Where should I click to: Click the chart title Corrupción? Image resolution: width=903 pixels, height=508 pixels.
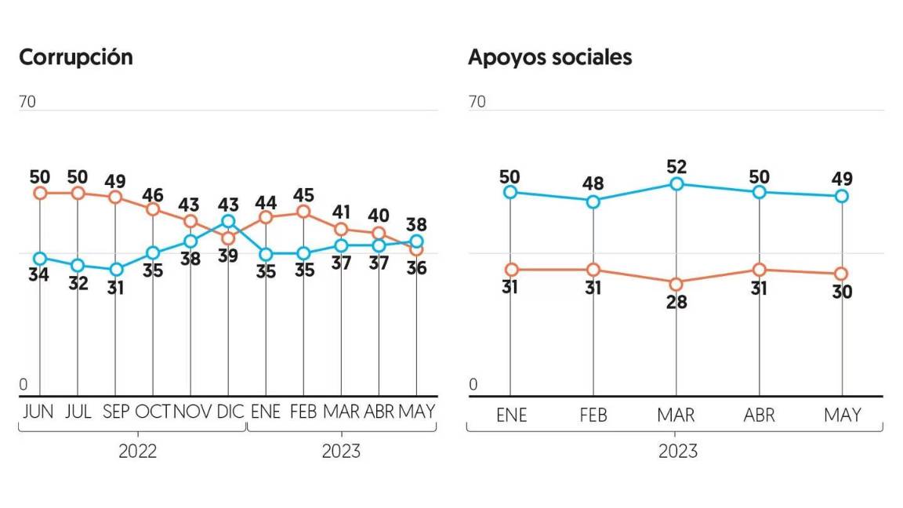pyautogui.click(x=76, y=57)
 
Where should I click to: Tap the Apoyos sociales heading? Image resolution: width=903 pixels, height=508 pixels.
pyautogui.click(x=549, y=57)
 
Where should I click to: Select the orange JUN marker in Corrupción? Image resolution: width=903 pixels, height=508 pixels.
pyautogui.click(x=40, y=193)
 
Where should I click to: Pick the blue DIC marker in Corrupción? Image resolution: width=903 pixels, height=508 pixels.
pyautogui.click(x=228, y=221)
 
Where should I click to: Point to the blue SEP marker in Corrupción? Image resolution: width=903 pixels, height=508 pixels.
pyautogui.click(x=116, y=270)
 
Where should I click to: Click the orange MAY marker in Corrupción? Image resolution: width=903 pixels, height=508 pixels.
pyautogui.click(x=417, y=249)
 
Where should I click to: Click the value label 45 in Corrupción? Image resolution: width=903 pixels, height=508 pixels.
pyautogui.click(x=303, y=192)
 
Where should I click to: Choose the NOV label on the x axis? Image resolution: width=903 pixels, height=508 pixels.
pyautogui.click(x=190, y=412)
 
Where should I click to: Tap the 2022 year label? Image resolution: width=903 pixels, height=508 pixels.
pyautogui.click(x=137, y=452)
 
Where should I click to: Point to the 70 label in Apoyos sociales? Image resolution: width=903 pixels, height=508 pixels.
pyautogui.click(x=477, y=102)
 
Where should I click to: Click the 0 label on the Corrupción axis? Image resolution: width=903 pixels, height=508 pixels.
pyautogui.click(x=24, y=385)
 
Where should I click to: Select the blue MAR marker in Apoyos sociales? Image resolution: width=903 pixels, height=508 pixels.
pyautogui.click(x=676, y=183)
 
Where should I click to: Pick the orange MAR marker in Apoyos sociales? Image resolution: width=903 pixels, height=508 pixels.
pyautogui.click(x=676, y=283)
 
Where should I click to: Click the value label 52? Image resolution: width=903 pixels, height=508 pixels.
pyautogui.click(x=676, y=165)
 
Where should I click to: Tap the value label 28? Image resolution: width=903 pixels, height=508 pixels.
pyautogui.click(x=676, y=303)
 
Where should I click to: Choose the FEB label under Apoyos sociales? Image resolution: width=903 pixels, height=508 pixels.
pyautogui.click(x=593, y=415)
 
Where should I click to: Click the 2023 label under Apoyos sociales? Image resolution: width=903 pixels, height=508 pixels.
pyautogui.click(x=677, y=452)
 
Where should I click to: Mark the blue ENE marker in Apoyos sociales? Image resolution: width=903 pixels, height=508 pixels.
pyautogui.click(x=511, y=192)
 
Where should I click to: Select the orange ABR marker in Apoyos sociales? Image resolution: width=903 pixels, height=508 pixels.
pyautogui.click(x=759, y=270)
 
